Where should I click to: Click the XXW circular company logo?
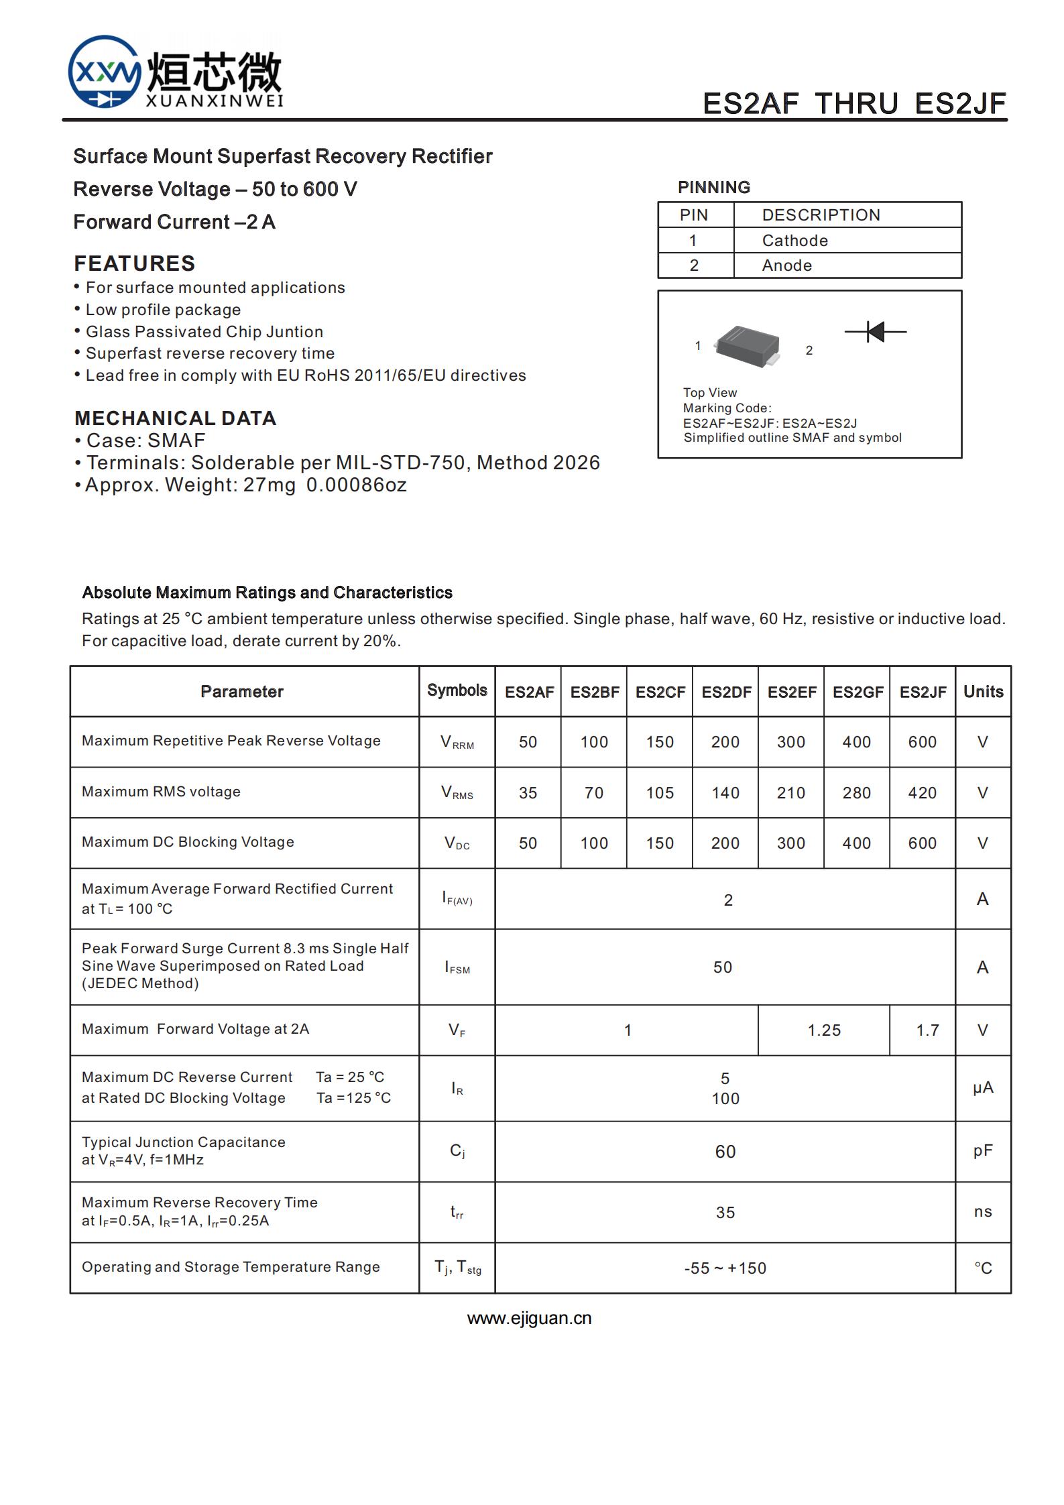tap(105, 72)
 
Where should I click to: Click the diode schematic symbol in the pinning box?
tap(875, 331)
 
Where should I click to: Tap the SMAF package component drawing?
tap(748, 346)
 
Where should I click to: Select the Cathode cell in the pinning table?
tap(794, 241)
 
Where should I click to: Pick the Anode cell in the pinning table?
tap(786, 265)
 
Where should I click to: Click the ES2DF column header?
tap(725, 692)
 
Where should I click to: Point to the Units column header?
tap(983, 692)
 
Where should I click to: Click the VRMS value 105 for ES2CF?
tap(660, 793)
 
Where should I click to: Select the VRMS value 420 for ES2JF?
tap(923, 793)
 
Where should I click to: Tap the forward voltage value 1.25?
tap(824, 1030)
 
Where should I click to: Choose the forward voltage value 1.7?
tap(927, 1030)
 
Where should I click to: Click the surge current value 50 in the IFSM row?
tap(723, 967)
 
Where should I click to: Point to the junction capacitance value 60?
tap(725, 1152)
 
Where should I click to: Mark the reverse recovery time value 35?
tap(725, 1213)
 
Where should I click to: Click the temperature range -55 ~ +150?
tap(725, 1268)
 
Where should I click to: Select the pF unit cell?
tap(983, 1151)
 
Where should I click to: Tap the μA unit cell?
tap(983, 1087)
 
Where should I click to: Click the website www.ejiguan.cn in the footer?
tap(529, 1319)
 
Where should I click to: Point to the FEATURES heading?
tap(135, 263)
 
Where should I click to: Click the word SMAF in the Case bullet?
tap(176, 440)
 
